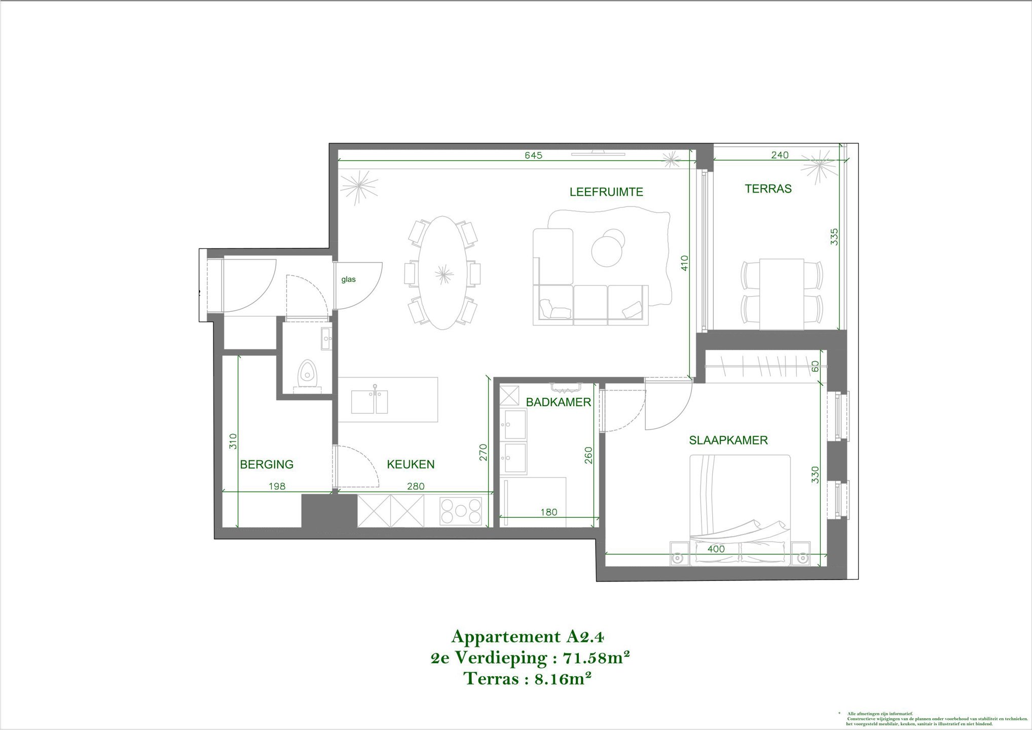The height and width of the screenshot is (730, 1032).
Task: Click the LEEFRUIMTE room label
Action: tap(606, 192)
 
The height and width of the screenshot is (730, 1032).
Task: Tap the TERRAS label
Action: tap(768, 189)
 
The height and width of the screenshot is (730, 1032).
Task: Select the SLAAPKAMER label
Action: tap(728, 441)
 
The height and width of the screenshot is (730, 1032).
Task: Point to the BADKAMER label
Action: tap(558, 403)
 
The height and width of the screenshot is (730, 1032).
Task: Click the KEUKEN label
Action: tap(411, 464)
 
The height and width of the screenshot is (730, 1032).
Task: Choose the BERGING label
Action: tap(267, 464)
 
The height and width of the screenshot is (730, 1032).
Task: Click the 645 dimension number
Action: tap(533, 155)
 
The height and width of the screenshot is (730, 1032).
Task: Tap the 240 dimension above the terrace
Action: tap(780, 155)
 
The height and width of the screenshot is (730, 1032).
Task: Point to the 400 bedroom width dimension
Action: tap(716, 549)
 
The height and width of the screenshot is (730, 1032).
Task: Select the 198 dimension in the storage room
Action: tap(277, 487)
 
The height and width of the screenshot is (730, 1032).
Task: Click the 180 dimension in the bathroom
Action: tap(548, 513)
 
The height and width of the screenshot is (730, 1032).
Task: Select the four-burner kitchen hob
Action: tap(461, 511)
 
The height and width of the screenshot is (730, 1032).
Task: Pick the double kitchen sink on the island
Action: tap(370, 401)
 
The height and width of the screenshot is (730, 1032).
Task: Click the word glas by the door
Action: tap(348, 279)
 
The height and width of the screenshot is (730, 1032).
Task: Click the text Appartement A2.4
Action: tap(527, 636)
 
